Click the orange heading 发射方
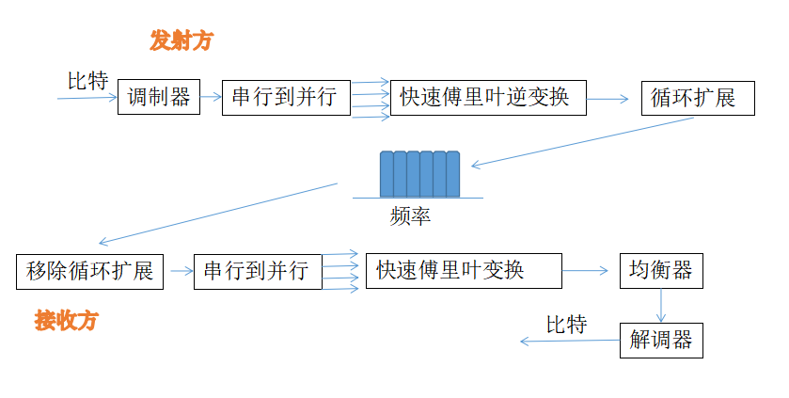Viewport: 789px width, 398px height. pos(181,40)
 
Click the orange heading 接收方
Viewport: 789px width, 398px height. pos(66,321)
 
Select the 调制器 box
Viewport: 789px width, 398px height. pos(159,97)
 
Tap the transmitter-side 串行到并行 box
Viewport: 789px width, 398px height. pos(286,97)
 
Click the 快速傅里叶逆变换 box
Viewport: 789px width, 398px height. pos(487,97)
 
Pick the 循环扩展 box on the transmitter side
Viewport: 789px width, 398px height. pos(698,97)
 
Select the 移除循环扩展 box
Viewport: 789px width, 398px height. pos(90,271)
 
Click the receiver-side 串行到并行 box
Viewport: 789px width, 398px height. pos(258,271)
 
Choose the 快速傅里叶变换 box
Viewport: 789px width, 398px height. pos(464,270)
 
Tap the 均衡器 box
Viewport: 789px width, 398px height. pos(661,271)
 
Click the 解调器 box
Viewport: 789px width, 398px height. pos(661,340)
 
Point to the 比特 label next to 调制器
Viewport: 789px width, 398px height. pos(87,81)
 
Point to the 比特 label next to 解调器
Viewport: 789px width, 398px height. pos(566,325)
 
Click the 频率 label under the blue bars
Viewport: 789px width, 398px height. pos(411,215)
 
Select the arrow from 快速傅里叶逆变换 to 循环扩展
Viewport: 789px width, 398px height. pos(612,98)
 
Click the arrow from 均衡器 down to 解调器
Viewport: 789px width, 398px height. pos(662,305)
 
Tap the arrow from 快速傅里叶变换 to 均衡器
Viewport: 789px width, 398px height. pos(591,272)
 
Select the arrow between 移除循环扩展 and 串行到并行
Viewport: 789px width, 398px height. pos(179,272)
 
